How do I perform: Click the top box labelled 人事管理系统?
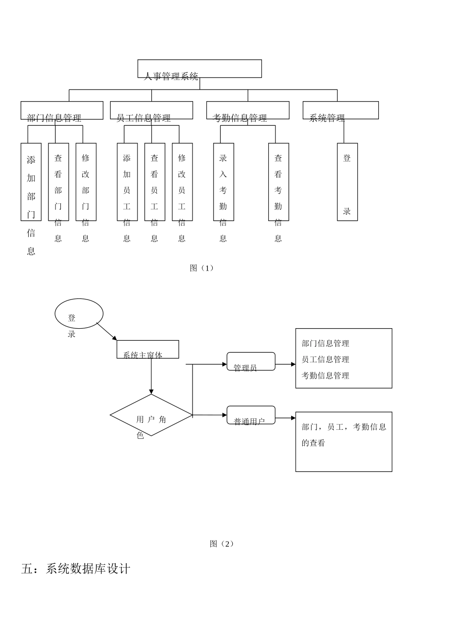click(x=199, y=69)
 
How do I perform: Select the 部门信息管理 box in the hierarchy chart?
click(x=62, y=111)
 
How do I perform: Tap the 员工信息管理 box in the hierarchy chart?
click(x=151, y=111)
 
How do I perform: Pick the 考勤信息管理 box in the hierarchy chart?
click(x=248, y=111)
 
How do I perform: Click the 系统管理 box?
click(x=341, y=111)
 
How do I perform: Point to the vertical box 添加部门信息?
click(x=31, y=182)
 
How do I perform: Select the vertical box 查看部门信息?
click(x=58, y=182)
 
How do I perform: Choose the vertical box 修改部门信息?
click(x=86, y=182)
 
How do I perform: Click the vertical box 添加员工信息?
click(x=127, y=182)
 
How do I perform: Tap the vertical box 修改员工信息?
click(x=182, y=182)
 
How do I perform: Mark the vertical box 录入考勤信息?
click(x=223, y=182)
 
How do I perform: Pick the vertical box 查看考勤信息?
click(x=278, y=182)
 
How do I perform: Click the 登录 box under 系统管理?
click(x=347, y=182)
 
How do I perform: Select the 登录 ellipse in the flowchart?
click(x=79, y=314)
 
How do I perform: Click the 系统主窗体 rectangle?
click(x=148, y=350)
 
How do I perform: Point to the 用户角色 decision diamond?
click(x=151, y=415)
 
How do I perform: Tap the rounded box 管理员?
click(x=251, y=362)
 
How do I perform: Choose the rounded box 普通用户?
click(x=251, y=415)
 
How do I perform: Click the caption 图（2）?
click(x=222, y=544)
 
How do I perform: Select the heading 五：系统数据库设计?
click(x=76, y=569)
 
